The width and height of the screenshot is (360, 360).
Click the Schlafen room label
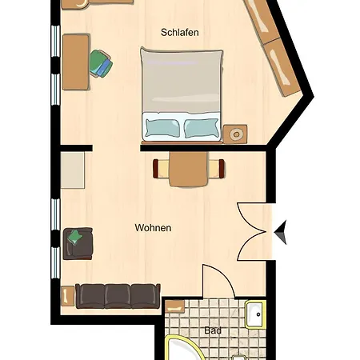[180, 33]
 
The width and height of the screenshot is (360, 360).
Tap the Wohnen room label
[153, 228]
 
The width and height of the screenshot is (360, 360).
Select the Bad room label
[213, 330]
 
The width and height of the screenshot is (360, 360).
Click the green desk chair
[101, 63]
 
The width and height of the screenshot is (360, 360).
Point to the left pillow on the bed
[162, 127]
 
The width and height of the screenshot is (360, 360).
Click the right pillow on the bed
[202, 128]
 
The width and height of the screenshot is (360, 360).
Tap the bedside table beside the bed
[235, 134]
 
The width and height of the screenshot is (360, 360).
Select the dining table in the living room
[189, 169]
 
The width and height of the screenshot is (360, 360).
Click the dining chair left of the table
[161, 169]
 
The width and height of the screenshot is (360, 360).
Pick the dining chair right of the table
[216, 169]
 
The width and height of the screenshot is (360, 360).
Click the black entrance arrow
[281, 232]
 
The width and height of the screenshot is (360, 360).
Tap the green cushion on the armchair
[74, 237]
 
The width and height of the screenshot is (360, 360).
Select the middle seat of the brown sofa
[118, 296]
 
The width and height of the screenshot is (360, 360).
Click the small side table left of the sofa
[68, 296]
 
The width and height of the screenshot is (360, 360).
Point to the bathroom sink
[255, 314]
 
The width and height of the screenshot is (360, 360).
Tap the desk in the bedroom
[76, 62]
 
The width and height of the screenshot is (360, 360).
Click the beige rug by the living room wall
[73, 170]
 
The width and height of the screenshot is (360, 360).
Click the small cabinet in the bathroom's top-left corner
[175, 306]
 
